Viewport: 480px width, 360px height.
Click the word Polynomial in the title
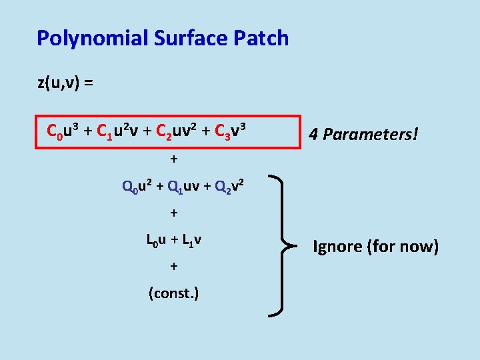(92, 38)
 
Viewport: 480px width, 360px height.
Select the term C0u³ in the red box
(63, 131)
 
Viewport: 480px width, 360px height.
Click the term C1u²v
(117, 131)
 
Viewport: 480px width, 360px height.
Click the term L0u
(156, 239)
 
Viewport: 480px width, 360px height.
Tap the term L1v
(192, 239)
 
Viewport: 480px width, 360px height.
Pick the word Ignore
(337, 247)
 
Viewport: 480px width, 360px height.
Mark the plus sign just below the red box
(174, 160)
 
